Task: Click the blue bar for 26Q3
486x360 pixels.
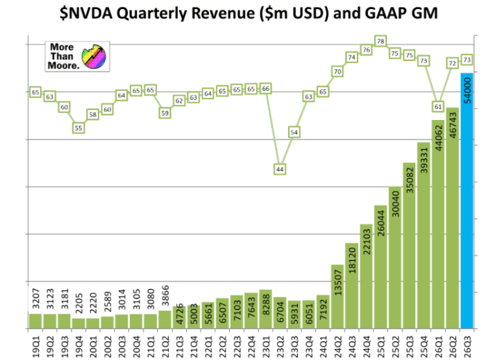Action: (x=467, y=208)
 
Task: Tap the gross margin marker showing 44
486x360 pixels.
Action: (x=280, y=169)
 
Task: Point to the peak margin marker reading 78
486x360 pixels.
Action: (x=380, y=42)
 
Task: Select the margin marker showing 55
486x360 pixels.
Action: (x=78, y=128)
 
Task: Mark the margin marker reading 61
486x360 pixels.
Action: (x=437, y=107)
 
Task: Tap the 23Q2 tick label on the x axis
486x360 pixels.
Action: (x=280, y=343)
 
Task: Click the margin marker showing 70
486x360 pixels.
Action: (x=337, y=71)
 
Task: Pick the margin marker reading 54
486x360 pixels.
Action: (x=294, y=132)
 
